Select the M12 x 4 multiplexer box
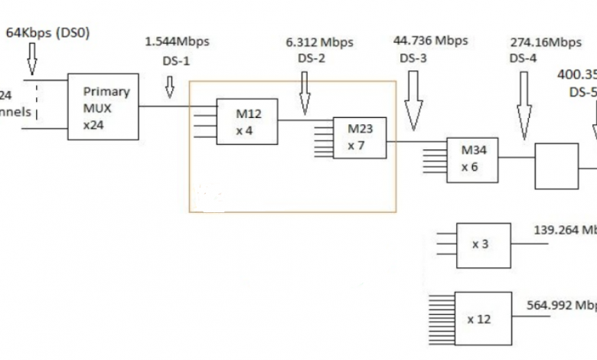click(x=246, y=121)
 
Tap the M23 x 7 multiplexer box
click(x=359, y=138)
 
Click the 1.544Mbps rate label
click(x=177, y=41)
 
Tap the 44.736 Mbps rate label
click(x=429, y=41)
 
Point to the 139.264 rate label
click(x=565, y=229)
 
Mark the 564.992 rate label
click(x=561, y=305)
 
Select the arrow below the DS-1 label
click(x=169, y=91)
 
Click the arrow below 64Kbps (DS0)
click(x=31, y=58)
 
